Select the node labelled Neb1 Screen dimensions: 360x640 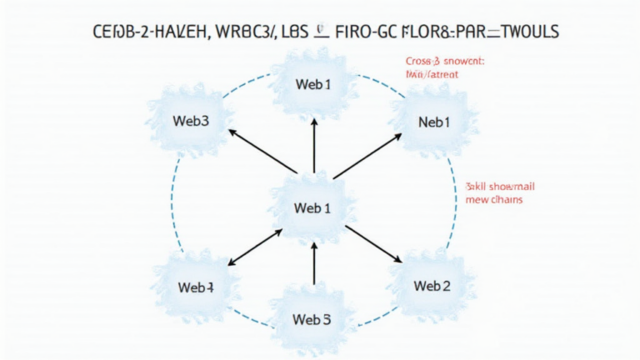click(x=433, y=122)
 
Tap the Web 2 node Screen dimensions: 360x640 click(x=432, y=286)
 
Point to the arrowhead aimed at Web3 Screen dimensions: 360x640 click(x=234, y=132)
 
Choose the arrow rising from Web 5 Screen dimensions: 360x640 click(x=313, y=263)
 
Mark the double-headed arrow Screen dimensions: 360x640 click(x=255, y=248)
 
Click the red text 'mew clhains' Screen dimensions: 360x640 click(x=494, y=200)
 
